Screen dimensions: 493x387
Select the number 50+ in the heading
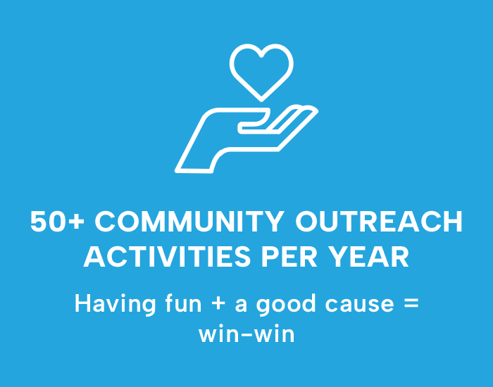click(x=58, y=222)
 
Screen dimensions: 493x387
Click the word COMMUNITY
click(x=190, y=222)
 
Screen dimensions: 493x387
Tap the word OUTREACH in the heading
click(x=379, y=222)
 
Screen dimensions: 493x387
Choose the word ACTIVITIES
click(x=167, y=257)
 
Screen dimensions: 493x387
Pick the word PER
click(x=289, y=257)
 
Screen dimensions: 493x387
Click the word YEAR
click(x=368, y=257)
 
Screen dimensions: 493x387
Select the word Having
click(x=115, y=305)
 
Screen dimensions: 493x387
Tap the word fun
click(x=183, y=303)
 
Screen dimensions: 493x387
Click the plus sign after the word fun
click(x=218, y=305)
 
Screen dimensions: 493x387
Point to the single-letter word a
click(x=241, y=305)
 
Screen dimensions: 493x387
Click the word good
click(x=286, y=305)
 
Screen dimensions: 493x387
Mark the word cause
click(x=359, y=305)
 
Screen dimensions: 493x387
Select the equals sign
click(x=411, y=304)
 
